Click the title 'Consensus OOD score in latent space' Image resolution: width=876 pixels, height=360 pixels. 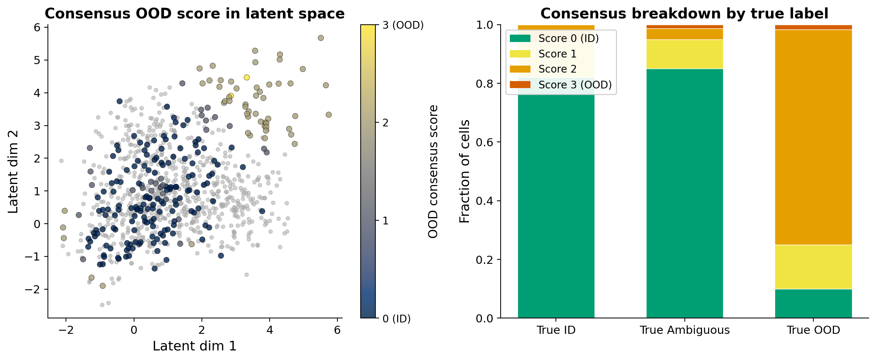(195, 14)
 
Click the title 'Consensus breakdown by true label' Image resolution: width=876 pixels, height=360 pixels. (684, 14)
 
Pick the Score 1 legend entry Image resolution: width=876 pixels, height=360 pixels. (557, 54)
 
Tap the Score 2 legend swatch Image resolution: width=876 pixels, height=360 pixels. (520, 69)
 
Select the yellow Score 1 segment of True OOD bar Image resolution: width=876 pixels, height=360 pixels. (813, 267)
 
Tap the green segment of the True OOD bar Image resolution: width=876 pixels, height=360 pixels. (813, 303)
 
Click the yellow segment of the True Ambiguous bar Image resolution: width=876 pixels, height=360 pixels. (684, 54)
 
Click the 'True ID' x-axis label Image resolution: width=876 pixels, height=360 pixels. (556, 330)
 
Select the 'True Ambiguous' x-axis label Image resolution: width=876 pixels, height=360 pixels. (684, 330)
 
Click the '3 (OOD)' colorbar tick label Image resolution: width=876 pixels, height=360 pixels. (403, 25)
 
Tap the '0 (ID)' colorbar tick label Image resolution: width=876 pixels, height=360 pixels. (396, 319)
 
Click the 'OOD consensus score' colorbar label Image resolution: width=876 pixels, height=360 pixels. (433, 171)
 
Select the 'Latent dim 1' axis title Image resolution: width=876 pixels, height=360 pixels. (195, 346)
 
